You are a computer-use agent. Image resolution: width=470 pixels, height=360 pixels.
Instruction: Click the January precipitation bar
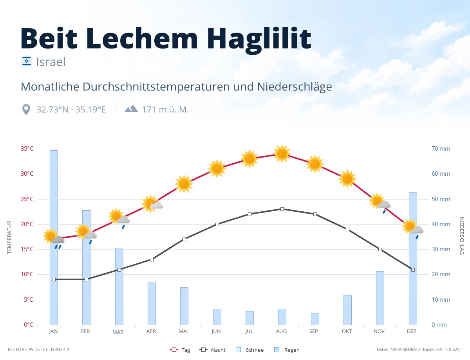(54, 238)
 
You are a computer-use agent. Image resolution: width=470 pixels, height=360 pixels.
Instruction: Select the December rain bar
(413, 258)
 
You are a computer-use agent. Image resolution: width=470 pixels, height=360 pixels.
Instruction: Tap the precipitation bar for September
(315, 319)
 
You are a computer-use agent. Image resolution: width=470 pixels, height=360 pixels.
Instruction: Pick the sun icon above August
(282, 154)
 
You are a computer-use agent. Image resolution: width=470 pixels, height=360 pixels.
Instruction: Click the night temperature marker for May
(184, 239)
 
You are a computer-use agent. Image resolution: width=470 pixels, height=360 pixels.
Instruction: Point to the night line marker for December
(413, 270)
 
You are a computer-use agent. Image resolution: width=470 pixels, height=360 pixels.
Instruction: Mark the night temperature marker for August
(282, 209)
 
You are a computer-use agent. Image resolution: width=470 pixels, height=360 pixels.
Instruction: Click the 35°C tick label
(27, 149)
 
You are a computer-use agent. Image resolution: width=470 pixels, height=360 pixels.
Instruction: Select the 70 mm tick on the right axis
(441, 149)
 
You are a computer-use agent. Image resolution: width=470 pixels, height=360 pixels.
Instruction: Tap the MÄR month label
(118, 332)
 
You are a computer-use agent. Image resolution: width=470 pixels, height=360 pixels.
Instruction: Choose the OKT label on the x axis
(347, 331)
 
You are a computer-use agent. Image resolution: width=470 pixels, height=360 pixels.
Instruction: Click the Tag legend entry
(180, 350)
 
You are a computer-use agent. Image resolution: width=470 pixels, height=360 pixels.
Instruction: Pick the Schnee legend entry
(249, 350)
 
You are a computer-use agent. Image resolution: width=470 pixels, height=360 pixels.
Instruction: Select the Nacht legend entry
(212, 350)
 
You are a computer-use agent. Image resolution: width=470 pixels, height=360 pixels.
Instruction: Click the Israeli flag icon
(27, 61)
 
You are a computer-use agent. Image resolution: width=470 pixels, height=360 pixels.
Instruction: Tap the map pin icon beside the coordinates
(26, 110)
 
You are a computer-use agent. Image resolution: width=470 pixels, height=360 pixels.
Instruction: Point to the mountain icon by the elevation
(131, 109)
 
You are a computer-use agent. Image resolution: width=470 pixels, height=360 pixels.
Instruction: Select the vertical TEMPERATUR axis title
(9, 237)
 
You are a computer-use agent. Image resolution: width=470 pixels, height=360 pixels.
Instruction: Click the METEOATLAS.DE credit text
(24, 349)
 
